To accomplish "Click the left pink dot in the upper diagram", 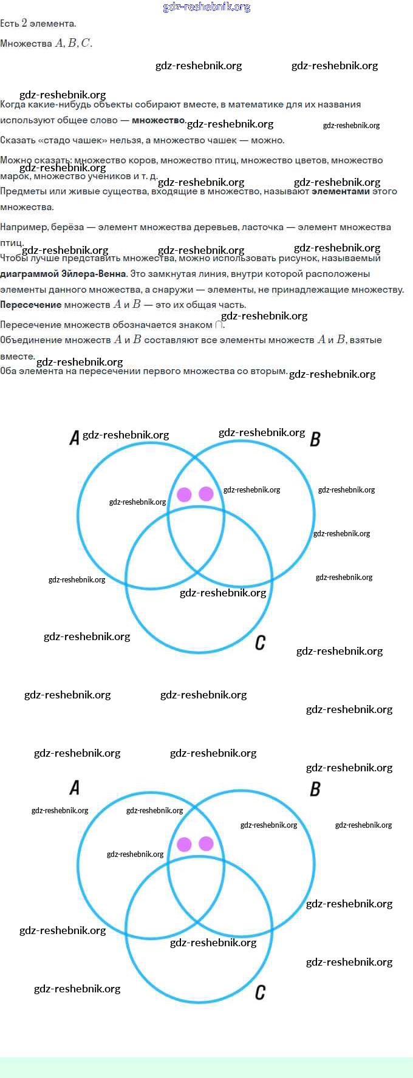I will click(184, 494).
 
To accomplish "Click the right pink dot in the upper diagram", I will click(206, 493).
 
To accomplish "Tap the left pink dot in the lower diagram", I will click(184, 844).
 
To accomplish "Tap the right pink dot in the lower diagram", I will click(206, 843).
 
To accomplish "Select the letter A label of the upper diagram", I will click(74, 437).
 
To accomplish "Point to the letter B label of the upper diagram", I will click(315, 438).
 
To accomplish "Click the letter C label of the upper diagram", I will click(260, 643).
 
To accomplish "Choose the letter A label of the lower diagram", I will click(74, 788).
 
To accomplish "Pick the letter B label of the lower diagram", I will click(315, 789).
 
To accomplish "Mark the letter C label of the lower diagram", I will click(260, 992).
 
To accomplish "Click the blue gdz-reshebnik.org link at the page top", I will click(206, 7).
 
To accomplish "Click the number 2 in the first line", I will click(24, 23).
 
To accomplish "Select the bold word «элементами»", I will click(340, 191).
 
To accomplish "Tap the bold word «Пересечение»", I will click(30, 305).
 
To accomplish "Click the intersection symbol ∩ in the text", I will click(219, 325).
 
